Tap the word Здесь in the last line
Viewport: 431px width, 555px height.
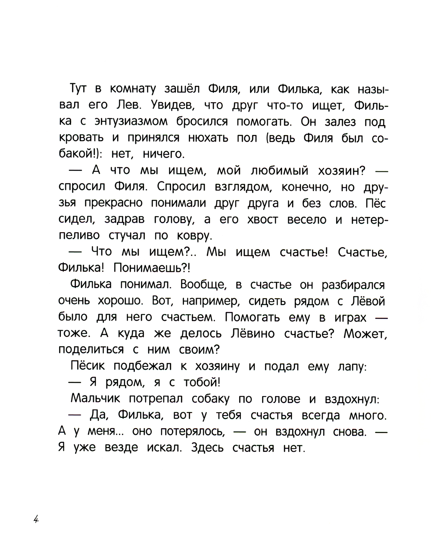(203, 448)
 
